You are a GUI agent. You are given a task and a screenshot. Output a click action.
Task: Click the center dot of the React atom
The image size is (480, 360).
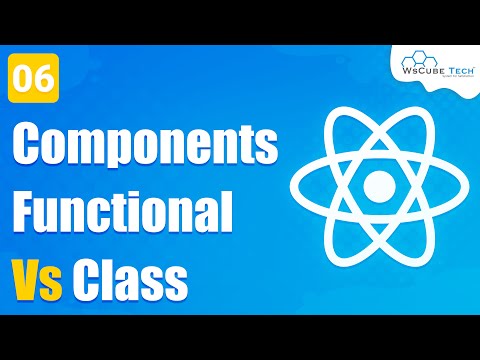coord(379,186)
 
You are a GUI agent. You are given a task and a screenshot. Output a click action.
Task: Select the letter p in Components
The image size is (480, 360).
coord(126,154)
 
